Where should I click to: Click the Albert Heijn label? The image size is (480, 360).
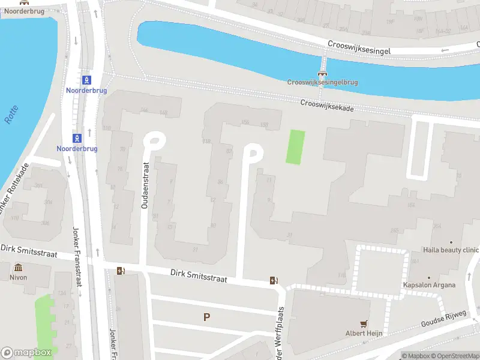(x=364, y=334)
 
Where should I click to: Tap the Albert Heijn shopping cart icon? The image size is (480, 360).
(x=364, y=323)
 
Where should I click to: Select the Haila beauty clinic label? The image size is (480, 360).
(x=451, y=250)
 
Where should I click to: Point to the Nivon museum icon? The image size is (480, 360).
(x=19, y=267)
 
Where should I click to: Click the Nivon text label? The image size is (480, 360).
(x=19, y=278)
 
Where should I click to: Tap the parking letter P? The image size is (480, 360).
(x=207, y=317)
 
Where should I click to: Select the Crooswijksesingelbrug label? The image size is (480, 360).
(x=322, y=82)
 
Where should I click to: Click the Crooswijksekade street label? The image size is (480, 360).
(x=327, y=106)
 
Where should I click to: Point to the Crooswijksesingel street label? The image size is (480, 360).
(x=359, y=48)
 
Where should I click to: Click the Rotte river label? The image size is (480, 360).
(x=11, y=115)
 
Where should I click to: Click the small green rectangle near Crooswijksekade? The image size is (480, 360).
(x=295, y=147)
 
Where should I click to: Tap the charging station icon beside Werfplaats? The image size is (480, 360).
(x=274, y=280)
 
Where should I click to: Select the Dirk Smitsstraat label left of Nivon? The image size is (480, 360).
(x=28, y=251)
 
